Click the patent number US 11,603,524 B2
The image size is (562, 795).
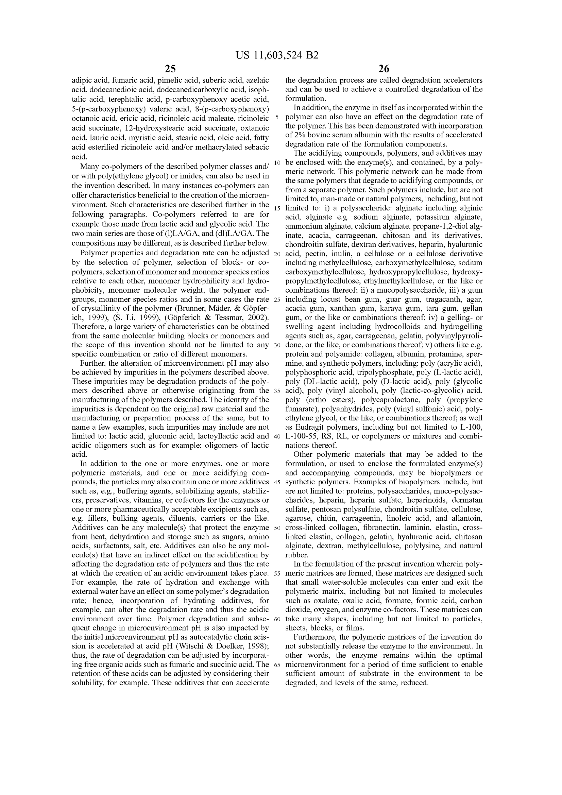[x=277, y=55]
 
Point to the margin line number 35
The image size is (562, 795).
[x=277, y=391]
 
